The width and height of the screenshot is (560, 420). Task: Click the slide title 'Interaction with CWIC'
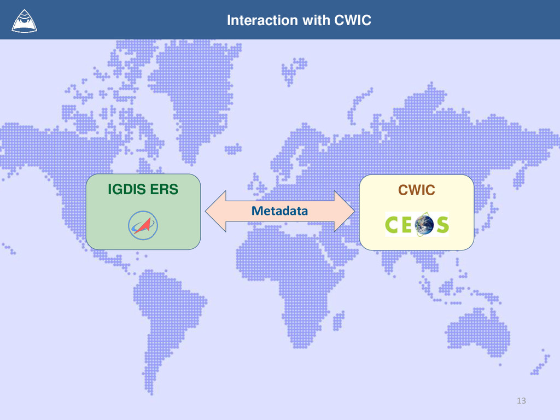(299, 21)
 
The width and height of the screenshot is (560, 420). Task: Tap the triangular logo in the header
(24, 20)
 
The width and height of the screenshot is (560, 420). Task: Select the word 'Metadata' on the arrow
(279, 211)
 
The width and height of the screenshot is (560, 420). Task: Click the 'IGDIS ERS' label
(143, 190)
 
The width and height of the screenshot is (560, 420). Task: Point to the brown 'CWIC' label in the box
(416, 190)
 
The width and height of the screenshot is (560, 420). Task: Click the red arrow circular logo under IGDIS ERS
(143, 225)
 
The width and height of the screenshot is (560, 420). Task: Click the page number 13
(521, 401)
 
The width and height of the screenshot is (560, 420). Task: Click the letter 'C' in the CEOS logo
(394, 225)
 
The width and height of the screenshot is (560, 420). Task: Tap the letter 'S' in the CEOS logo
(441, 225)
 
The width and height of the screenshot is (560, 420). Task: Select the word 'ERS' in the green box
(165, 190)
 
